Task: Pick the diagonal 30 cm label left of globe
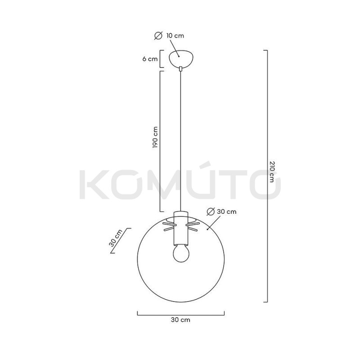pos(116,238)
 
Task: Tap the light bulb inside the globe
pos(180,254)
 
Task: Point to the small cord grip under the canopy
pos(180,69)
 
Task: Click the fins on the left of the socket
pos(168,225)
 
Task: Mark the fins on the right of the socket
pos(193,225)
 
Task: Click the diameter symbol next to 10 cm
pos(158,36)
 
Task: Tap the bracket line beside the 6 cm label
pos(161,59)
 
